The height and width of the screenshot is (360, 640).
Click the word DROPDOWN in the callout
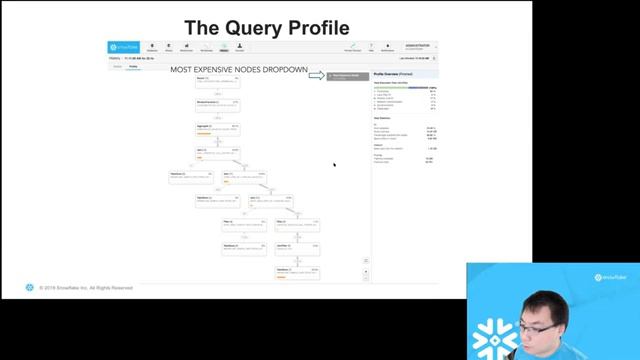[x=285, y=70]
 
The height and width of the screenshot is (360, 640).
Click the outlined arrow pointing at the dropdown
[x=316, y=75]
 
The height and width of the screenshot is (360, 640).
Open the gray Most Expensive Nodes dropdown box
[x=348, y=76]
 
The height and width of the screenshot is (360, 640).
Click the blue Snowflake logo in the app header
[x=126, y=47]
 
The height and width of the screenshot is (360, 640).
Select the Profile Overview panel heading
[x=393, y=75]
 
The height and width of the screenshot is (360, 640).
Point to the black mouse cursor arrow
[x=335, y=165]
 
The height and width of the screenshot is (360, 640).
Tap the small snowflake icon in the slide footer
[x=30, y=288]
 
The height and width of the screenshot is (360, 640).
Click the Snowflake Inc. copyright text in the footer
[x=86, y=288]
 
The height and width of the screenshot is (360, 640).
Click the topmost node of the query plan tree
[x=217, y=79]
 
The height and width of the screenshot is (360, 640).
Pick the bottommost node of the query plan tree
[x=298, y=271]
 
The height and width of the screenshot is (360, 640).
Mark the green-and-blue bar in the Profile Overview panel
[x=404, y=87]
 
